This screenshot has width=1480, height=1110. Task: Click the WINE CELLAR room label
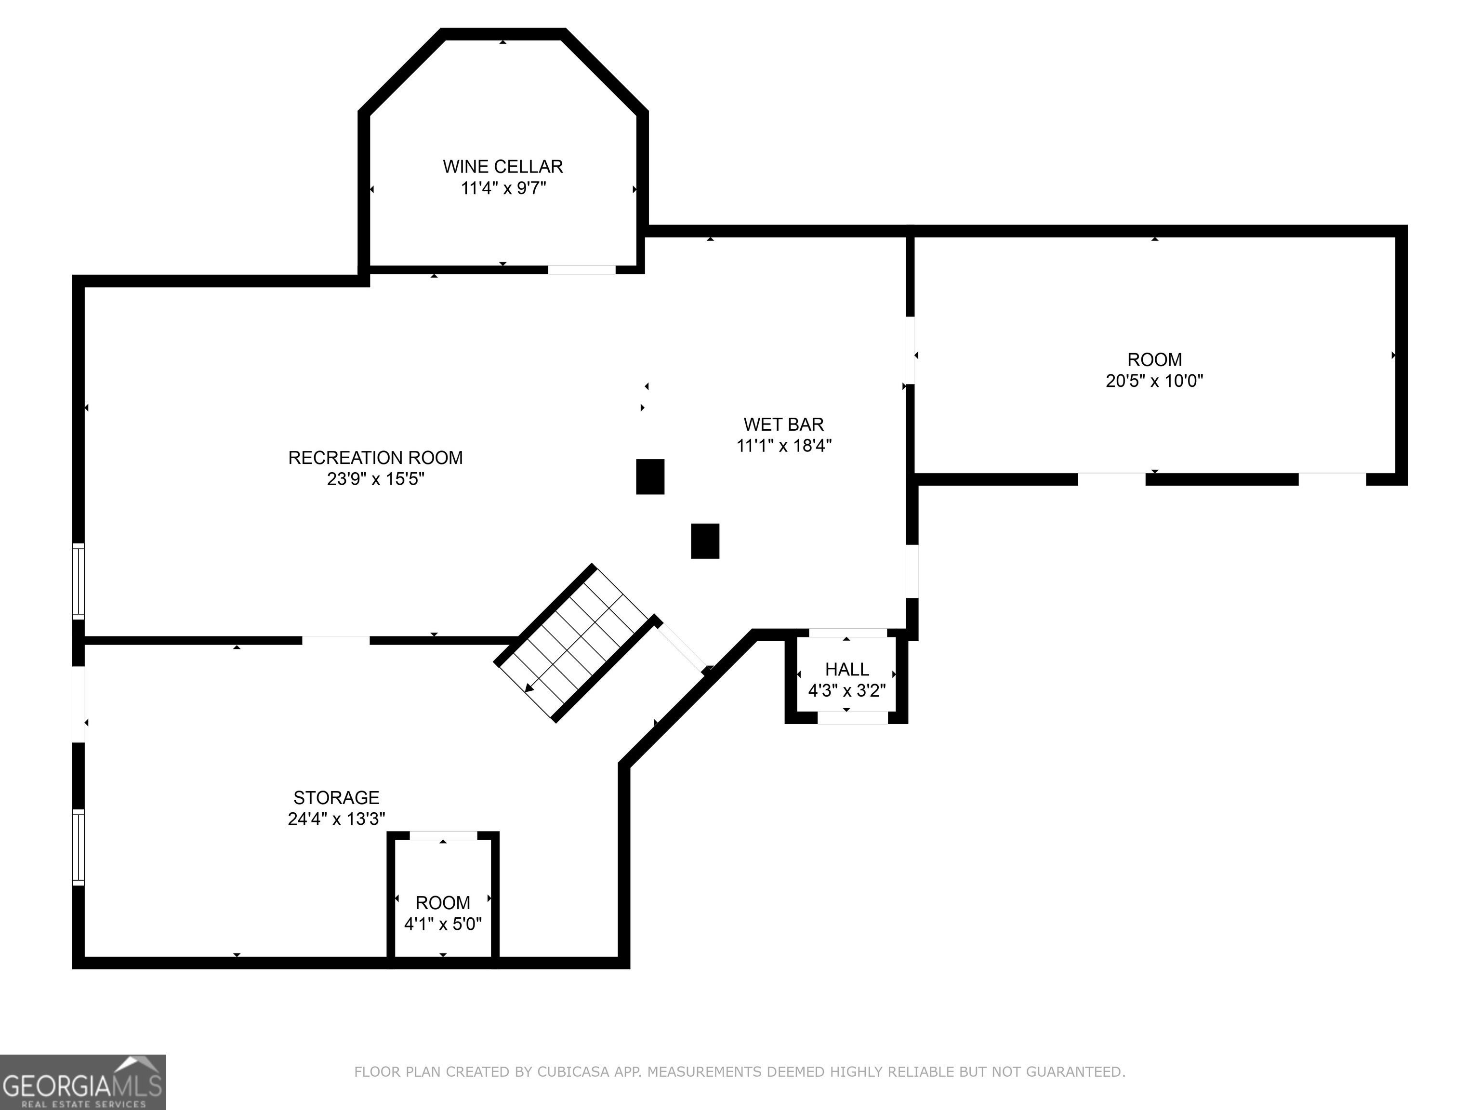tap(502, 167)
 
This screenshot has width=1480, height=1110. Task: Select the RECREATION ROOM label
tap(375, 458)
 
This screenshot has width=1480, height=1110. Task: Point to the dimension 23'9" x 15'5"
tap(376, 479)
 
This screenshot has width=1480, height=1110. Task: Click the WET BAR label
tap(783, 424)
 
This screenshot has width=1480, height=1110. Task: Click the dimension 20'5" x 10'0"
tap(1154, 381)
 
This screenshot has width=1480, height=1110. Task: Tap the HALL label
tap(847, 669)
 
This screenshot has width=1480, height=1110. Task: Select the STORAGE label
tap(337, 797)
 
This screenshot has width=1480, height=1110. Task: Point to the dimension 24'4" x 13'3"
tap(337, 819)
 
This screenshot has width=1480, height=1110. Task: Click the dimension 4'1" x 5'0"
tap(443, 924)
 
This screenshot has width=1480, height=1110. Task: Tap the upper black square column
tap(650, 476)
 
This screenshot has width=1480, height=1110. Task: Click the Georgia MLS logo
tap(83, 1082)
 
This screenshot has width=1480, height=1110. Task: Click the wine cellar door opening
tap(581, 270)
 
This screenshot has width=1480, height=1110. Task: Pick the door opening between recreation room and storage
tap(336, 640)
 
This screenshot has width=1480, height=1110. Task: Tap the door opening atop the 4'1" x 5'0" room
tap(443, 835)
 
